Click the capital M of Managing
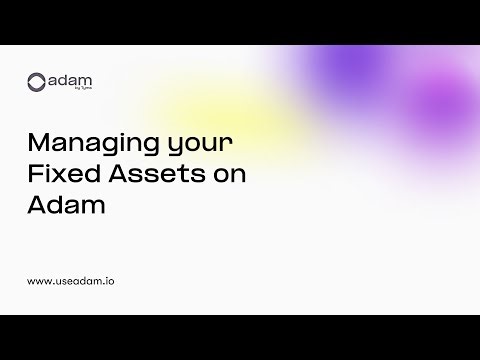coord(42,143)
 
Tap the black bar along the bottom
coord(240,337)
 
